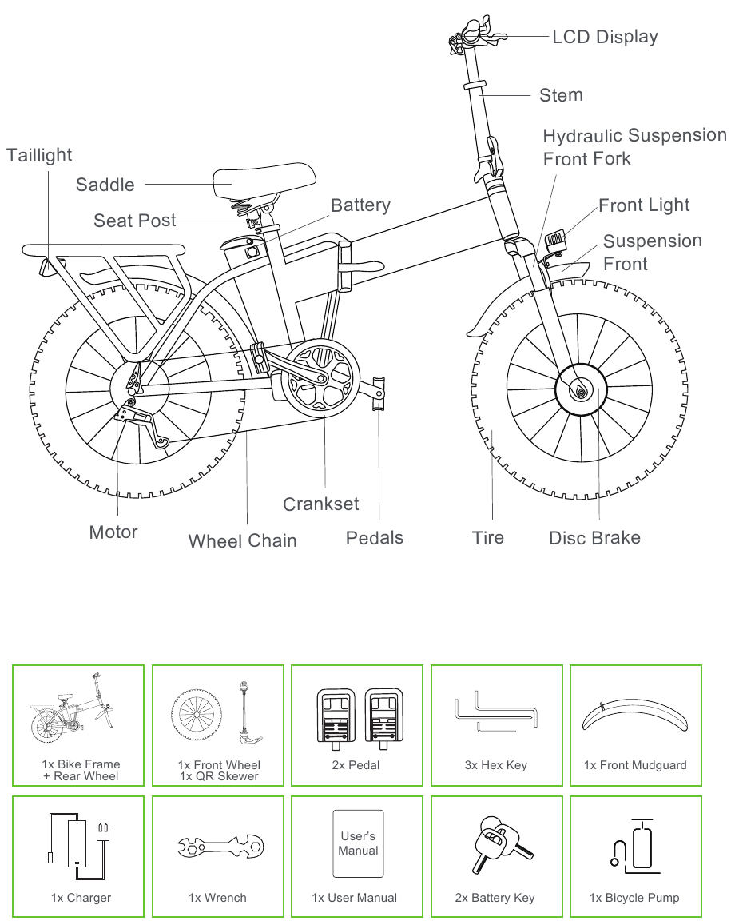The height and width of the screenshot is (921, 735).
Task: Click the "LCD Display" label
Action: (605, 37)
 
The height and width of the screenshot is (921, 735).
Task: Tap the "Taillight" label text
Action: (39, 155)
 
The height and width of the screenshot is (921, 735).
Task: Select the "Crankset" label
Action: (321, 504)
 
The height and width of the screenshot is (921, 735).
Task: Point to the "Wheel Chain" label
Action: (242, 541)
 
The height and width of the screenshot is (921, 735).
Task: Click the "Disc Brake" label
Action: (594, 538)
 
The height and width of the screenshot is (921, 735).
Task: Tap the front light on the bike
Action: (556, 240)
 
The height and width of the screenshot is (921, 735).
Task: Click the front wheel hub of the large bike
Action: (581, 389)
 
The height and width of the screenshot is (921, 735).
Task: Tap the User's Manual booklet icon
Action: (358, 843)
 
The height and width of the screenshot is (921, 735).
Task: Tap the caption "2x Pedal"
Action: (356, 765)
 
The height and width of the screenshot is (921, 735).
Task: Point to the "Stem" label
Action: (561, 95)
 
